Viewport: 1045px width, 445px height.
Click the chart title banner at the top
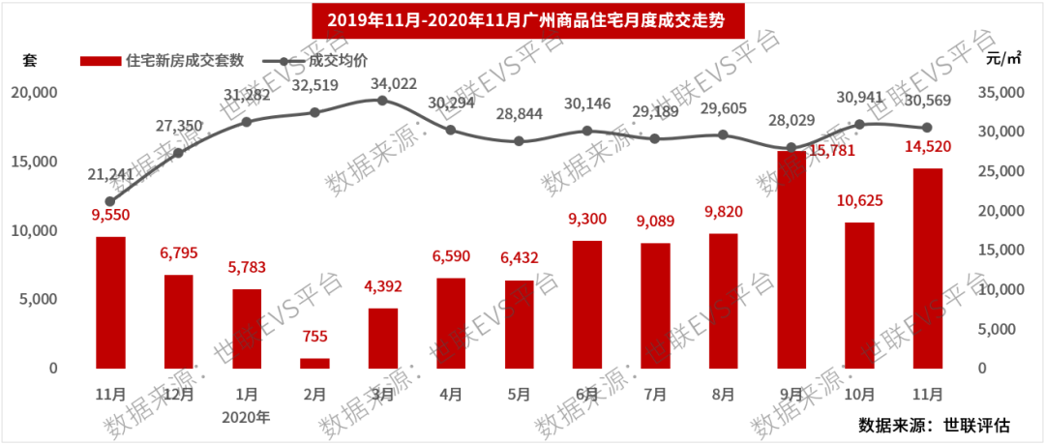522,17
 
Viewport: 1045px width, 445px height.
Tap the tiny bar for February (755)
314,363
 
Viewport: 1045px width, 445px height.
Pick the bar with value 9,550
110,302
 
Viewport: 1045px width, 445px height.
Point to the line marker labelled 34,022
382,101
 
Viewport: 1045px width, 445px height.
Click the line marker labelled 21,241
110,201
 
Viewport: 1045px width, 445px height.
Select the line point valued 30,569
928,128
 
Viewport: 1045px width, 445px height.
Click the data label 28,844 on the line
519,112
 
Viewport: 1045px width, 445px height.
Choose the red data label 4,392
382,286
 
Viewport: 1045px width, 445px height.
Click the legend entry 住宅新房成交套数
170,60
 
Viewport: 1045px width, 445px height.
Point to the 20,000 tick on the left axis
34,92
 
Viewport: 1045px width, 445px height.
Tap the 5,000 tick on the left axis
39,299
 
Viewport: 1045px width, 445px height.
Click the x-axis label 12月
178,395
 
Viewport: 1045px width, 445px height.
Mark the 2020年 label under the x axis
246,417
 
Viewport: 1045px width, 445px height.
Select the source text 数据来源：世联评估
935,427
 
